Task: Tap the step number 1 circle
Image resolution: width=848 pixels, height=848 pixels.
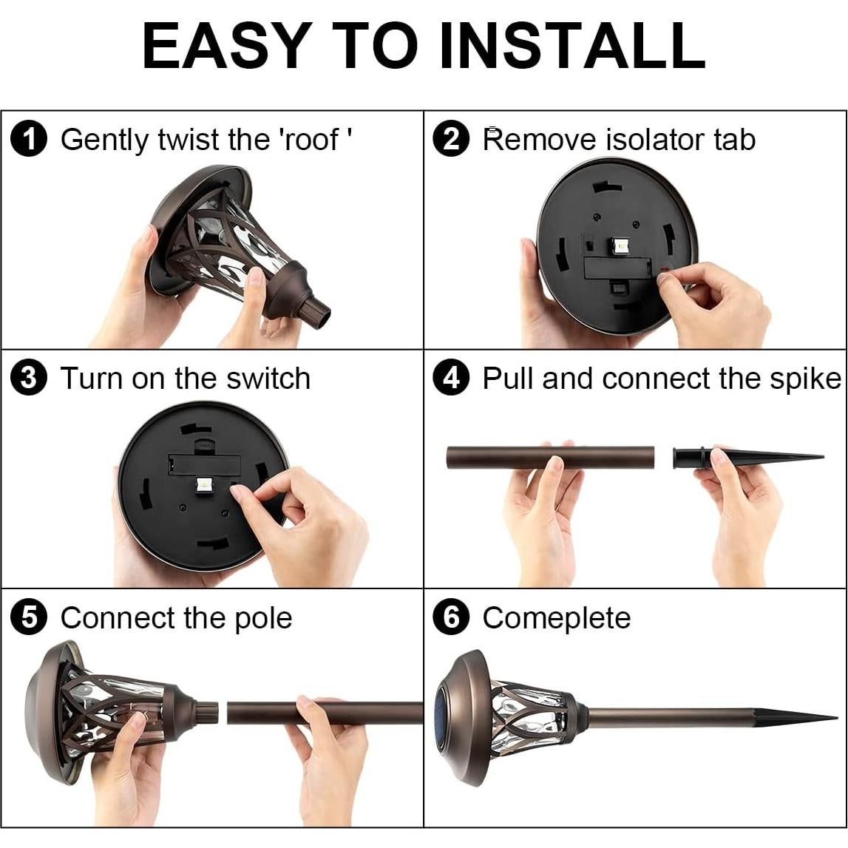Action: [29, 140]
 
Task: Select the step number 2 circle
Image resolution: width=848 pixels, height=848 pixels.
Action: [450, 140]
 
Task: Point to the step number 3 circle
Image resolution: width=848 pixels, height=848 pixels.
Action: [29, 378]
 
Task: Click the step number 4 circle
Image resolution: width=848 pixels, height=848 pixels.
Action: [450, 378]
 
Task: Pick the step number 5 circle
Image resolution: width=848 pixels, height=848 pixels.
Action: [29, 617]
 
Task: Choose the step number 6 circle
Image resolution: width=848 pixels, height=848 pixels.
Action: [450, 617]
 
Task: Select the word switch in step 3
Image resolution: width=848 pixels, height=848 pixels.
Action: [268, 378]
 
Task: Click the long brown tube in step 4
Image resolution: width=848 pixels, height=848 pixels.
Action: [550, 458]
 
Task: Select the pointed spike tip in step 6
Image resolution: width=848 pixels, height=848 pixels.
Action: [835, 718]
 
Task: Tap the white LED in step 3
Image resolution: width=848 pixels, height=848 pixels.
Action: [205, 484]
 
